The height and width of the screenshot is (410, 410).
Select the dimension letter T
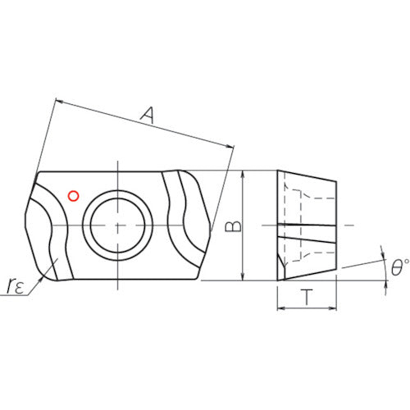coord(307,298)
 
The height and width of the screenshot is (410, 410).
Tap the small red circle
coord(73,195)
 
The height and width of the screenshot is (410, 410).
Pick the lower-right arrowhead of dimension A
coord(232,147)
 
